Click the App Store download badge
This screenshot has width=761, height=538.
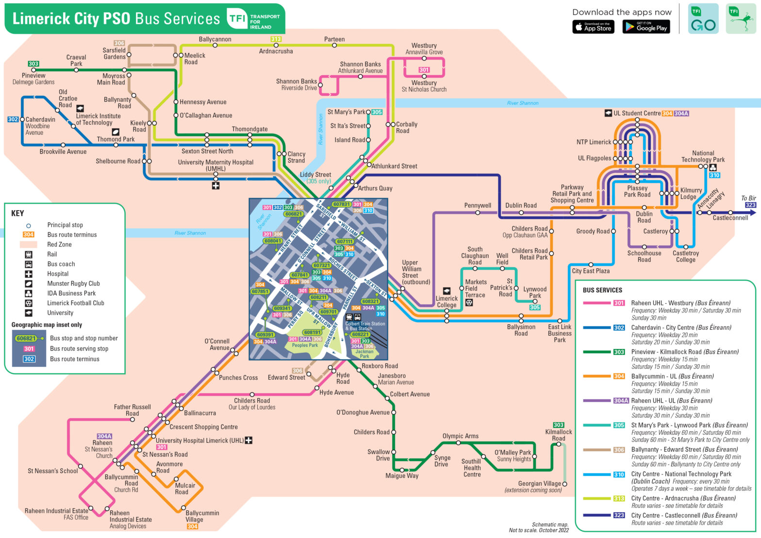coord(593,27)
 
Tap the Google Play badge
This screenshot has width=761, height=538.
coord(646,27)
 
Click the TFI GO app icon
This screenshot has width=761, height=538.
coord(703,19)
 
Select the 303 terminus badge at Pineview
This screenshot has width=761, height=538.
coord(33,64)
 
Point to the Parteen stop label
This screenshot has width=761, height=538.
coord(334,39)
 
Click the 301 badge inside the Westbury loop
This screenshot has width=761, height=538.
coord(424,70)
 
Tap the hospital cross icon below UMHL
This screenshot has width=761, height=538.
coord(215,186)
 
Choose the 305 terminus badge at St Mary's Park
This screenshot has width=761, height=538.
coord(377,112)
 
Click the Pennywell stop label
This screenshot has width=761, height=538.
coord(478,205)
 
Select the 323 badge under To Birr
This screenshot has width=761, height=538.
coord(750,205)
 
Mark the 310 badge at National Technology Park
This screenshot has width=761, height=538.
coord(714,175)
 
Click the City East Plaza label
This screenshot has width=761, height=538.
coord(591,271)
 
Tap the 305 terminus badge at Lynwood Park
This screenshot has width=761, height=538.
coord(535,307)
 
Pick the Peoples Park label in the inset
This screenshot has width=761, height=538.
coord(305,345)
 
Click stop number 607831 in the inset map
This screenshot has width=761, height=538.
coord(341,204)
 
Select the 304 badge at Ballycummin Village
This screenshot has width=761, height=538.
coord(192,526)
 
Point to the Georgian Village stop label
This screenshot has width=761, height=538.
coord(539,484)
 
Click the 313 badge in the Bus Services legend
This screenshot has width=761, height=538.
coord(619,498)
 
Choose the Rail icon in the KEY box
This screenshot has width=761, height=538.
coord(29,254)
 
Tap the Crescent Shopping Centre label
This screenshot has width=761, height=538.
coord(203,427)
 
